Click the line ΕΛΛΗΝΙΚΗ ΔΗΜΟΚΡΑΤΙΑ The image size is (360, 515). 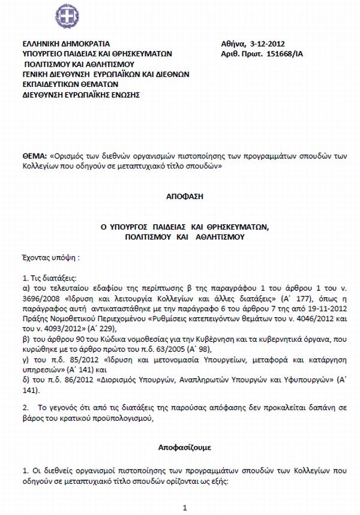point(66,44)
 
